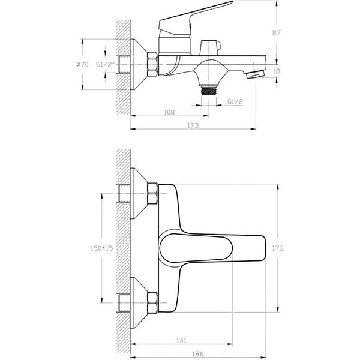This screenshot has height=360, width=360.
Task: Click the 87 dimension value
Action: [x=276, y=32]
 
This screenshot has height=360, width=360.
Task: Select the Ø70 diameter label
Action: [x=82, y=65]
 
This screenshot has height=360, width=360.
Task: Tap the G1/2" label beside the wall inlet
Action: [x=105, y=65]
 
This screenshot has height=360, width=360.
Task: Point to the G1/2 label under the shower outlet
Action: [x=235, y=102]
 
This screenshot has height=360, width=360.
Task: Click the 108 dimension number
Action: [x=169, y=112]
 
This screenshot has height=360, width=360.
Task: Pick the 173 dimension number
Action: [x=193, y=125]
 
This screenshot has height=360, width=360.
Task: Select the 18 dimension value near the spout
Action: [x=277, y=71]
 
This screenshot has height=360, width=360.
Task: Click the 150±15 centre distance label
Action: [x=102, y=248]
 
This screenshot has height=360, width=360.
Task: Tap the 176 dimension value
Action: [x=278, y=248]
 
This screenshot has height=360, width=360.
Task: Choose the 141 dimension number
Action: [x=181, y=340]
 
